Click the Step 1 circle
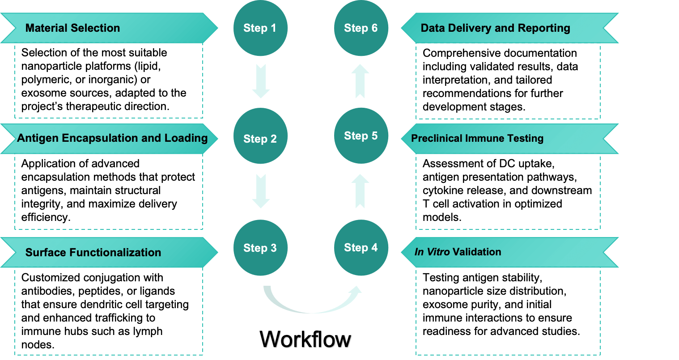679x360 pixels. [x=260, y=28]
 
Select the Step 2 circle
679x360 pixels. [x=260, y=137]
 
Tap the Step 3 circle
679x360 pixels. [x=260, y=248]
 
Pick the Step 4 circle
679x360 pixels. [x=361, y=248]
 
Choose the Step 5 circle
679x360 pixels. [x=361, y=136]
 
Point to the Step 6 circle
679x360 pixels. [x=361, y=28]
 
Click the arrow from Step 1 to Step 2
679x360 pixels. [x=261, y=81]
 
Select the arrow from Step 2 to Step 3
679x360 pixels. [x=261, y=191]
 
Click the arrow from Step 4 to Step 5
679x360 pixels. [x=361, y=191]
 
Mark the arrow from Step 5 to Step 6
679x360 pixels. [x=361, y=81]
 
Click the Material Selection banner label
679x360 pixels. [x=72, y=28]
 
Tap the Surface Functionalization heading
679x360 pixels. [x=93, y=253]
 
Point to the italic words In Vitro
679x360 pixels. [x=432, y=252]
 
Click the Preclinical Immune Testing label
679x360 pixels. [x=477, y=139]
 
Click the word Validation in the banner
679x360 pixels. [x=477, y=252]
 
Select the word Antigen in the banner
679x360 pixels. [x=38, y=138]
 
